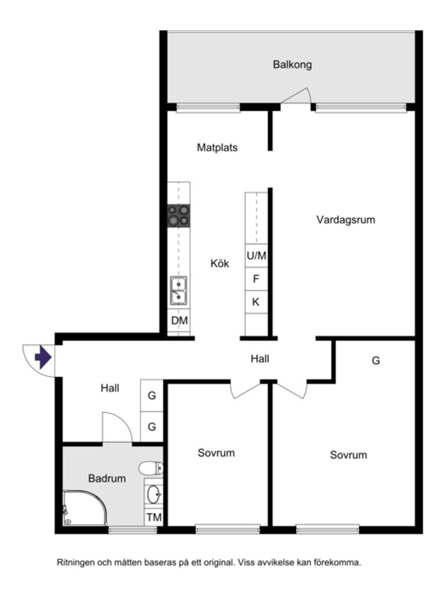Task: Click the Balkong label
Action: (x=292, y=65)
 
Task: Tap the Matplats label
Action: (x=217, y=147)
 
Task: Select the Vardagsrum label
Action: (x=345, y=220)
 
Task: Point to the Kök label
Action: (x=220, y=264)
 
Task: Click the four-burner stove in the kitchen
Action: (x=179, y=215)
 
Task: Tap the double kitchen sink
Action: (x=179, y=291)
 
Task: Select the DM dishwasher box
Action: (x=179, y=321)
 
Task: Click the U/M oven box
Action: (x=256, y=256)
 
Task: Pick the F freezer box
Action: (x=256, y=280)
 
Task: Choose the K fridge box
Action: (x=256, y=302)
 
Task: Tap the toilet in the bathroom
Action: (x=151, y=468)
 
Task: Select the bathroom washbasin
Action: (x=154, y=494)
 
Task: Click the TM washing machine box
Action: (x=154, y=518)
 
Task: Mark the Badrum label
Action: (x=107, y=479)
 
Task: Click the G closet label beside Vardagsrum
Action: (x=376, y=361)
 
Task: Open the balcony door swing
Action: (x=296, y=97)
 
